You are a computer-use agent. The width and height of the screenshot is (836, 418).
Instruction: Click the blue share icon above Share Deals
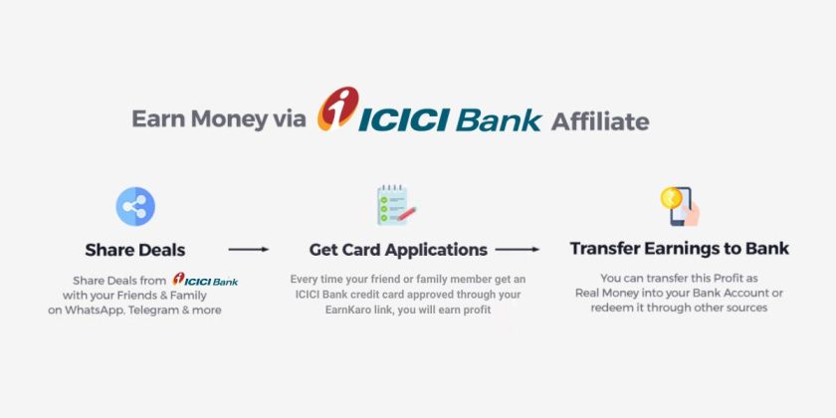click(135, 206)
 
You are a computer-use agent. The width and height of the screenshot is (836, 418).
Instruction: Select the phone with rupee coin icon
click(679, 206)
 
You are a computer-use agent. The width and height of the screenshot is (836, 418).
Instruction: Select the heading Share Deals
click(135, 250)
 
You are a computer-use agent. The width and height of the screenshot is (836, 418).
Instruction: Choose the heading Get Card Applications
click(398, 250)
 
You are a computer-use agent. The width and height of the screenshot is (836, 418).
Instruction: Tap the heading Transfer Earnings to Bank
click(679, 248)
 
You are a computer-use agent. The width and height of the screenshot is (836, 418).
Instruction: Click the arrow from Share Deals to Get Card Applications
click(248, 250)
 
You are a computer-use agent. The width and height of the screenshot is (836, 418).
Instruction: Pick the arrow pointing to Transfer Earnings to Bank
click(518, 250)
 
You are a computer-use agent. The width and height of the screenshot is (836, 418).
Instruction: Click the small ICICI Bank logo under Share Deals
click(205, 280)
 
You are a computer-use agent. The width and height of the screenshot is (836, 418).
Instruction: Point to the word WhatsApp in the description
click(109, 310)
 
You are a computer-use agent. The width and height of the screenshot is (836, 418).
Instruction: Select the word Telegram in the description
click(169, 310)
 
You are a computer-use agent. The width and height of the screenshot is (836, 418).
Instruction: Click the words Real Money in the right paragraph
click(608, 293)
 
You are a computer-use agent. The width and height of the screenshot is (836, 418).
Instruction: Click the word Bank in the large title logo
click(499, 120)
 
